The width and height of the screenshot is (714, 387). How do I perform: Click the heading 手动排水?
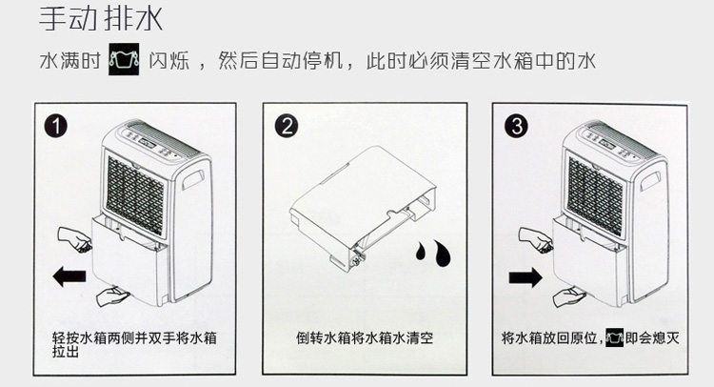click(101, 20)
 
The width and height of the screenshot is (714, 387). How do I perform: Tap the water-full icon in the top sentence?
click(124, 59)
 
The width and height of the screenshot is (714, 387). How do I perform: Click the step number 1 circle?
click(55, 126)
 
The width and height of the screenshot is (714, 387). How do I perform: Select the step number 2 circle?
click(287, 126)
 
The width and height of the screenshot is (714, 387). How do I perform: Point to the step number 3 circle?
click(516, 126)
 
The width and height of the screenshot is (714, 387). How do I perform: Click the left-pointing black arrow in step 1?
click(69, 276)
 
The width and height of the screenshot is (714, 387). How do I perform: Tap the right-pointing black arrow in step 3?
click(526, 276)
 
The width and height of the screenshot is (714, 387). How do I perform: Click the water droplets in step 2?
click(433, 253)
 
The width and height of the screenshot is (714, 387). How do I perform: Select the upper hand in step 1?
click(74, 239)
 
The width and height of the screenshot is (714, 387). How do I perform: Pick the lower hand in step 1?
click(113, 296)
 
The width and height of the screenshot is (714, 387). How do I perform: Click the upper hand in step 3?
click(536, 240)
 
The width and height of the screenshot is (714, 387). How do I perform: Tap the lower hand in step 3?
click(569, 296)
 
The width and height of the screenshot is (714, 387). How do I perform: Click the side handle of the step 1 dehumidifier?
click(193, 179)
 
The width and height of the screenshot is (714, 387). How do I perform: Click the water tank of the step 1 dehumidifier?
click(129, 260)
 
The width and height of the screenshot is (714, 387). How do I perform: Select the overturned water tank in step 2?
click(363, 208)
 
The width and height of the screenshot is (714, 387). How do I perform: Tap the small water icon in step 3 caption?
click(614, 337)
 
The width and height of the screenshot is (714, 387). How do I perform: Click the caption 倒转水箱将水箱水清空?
click(365, 337)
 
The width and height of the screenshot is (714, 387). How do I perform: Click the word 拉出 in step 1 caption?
click(65, 352)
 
